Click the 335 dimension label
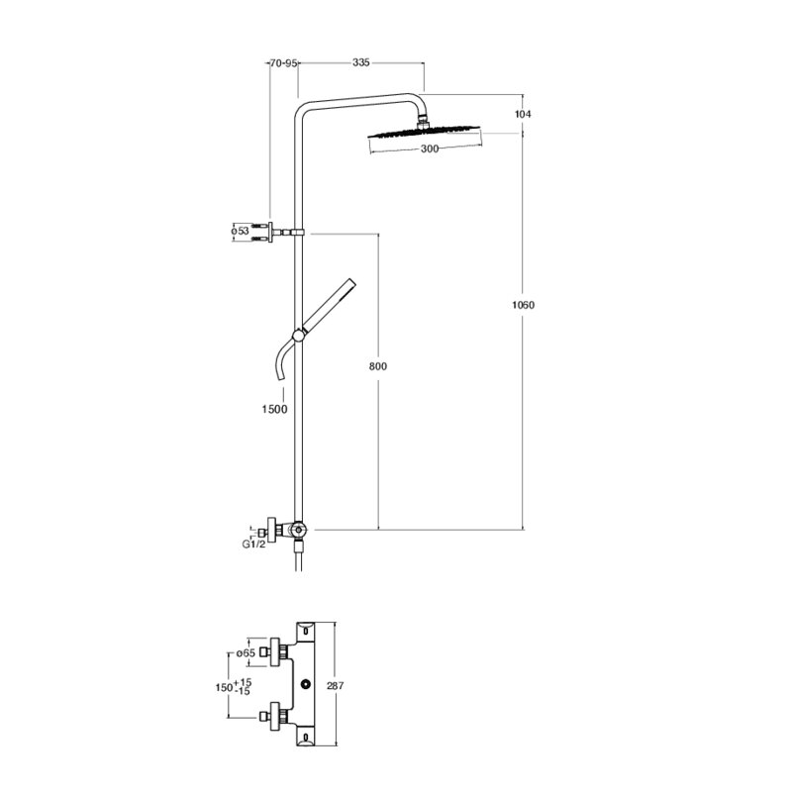click(x=361, y=62)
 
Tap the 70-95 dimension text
click(x=283, y=63)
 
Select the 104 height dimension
click(x=523, y=114)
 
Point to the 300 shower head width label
click(x=430, y=149)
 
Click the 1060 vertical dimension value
click(x=523, y=305)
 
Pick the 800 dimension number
click(x=378, y=366)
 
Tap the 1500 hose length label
click(x=274, y=409)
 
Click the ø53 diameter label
click(x=241, y=232)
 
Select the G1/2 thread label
click(x=253, y=544)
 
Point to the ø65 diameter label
click(x=246, y=653)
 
